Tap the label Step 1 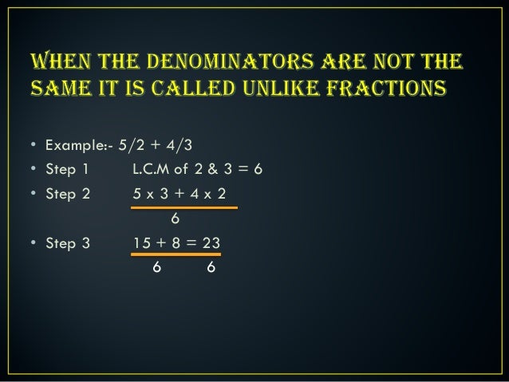pos(67,169)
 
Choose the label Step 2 pos(67,193)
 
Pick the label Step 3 pos(67,242)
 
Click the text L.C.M pos(153,169)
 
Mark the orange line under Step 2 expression pos(184,207)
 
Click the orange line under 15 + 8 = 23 pos(176,256)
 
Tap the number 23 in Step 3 pos(212,242)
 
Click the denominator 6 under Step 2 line pos(176,218)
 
